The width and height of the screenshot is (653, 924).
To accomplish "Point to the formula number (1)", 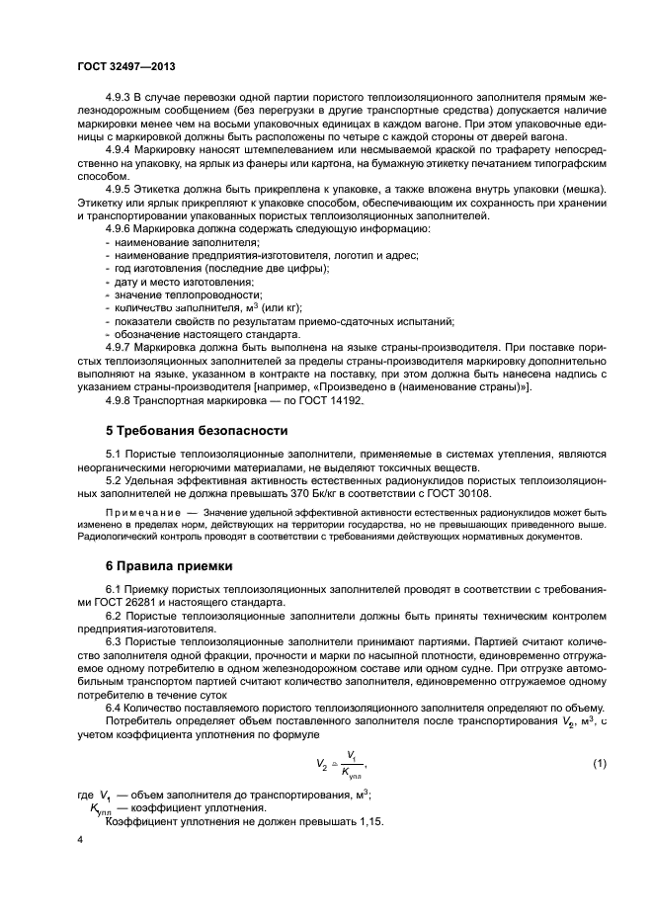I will [599, 764].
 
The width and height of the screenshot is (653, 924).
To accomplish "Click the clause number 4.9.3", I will [120, 100].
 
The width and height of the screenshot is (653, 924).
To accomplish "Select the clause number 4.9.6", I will [120, 229].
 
